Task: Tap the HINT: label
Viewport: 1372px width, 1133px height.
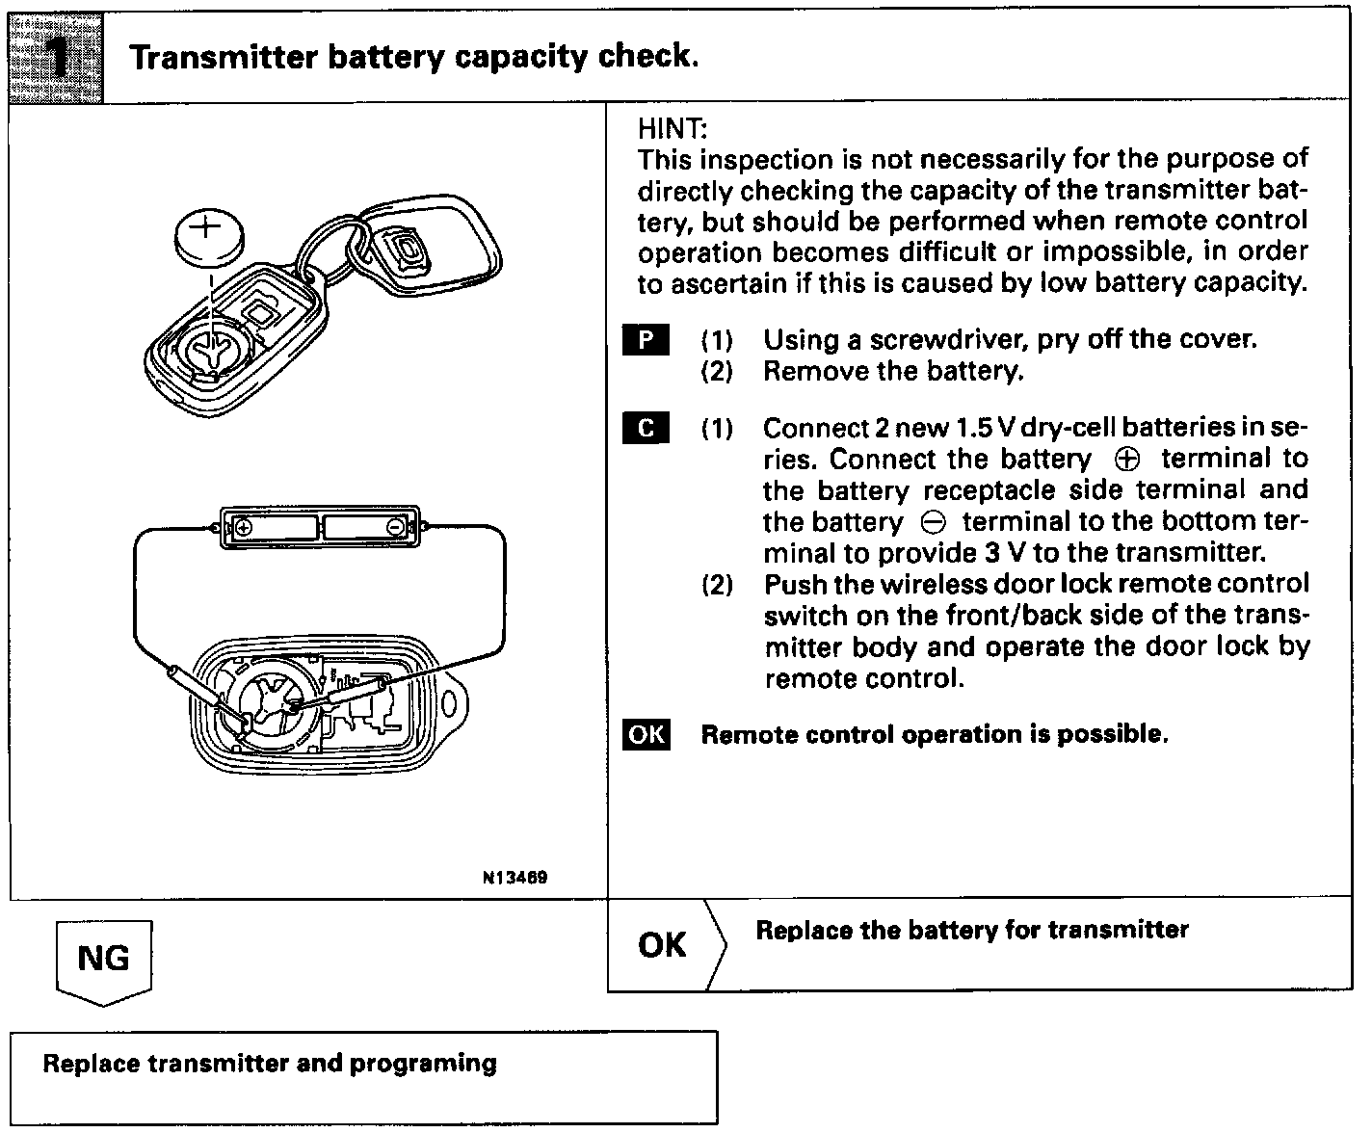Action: pyautogui.click(x=673, y=129)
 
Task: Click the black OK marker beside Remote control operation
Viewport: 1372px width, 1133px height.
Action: pyautogui.click(x=646, y=734)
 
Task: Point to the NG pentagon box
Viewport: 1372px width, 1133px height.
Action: pyautogui.click(x=103, y=960)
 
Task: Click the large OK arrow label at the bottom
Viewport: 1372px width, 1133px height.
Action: pyautogui.click(x=663, y=945)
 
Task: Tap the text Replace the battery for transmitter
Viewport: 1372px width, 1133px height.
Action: pyautogui.click(x=971, y=930)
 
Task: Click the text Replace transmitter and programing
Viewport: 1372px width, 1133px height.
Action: pyautogui.click(x=270, y=1064)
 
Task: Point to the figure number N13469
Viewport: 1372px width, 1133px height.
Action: pyautogui.click(x=515, y=878)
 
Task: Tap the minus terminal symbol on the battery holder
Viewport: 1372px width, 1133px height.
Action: pyautogui.click(x=395, y=527)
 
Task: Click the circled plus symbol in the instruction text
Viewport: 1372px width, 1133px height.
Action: pyautogui.click(x=1125, y=460)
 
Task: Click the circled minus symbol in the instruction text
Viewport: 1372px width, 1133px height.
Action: pyautogui.click(x=933, y=523)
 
